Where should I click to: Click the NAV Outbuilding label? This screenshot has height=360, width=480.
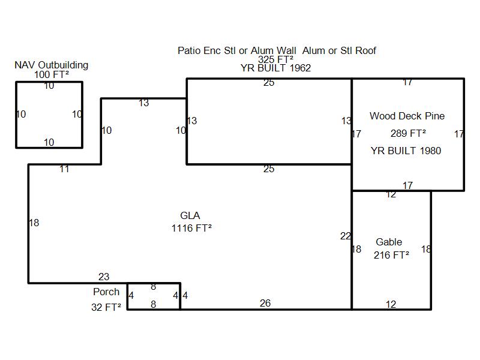click(52, 65)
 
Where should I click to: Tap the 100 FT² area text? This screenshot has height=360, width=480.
click(52, 74)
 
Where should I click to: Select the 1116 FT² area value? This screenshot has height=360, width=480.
click(191, 228)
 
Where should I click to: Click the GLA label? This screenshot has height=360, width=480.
click(190, 216)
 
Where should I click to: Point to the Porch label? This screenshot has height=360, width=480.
click(106, 292)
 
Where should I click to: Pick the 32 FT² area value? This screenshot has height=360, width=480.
click(106, 307)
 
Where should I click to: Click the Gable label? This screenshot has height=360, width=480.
click(389, 242)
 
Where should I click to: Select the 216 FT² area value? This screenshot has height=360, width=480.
click(391, 255)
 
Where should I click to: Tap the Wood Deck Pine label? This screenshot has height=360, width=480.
click(407, 116)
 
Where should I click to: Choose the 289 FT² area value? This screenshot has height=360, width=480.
click(408, 134)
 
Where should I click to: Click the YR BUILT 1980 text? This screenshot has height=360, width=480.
click(406, 151)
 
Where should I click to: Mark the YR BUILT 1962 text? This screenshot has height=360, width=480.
click(275, 68)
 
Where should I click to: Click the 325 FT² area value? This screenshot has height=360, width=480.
click(275, 59)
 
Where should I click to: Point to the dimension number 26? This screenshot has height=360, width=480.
click(265, 304)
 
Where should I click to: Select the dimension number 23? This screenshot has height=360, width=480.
click(104, 277)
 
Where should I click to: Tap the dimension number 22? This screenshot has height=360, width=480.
click(346, 236)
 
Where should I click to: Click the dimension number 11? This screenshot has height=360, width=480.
click(64, 169)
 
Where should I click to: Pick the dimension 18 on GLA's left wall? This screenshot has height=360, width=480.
click(34, 223)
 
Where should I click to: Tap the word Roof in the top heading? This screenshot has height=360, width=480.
click(365, 51)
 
